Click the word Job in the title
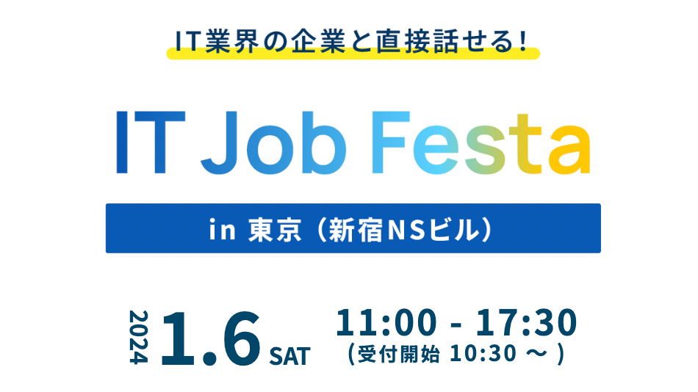tap(273, 143)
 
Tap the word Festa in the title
tap(481, 143)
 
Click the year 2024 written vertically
tap(138, 337)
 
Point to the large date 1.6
tap(211, 338)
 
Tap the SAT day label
tap(289, 356)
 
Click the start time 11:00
tap(386, 323)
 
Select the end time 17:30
tap(527, 323)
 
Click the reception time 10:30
tap(483, 354)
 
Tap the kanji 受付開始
tap(398, 355)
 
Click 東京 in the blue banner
tap(275, 230)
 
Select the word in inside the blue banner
tap(222, 230)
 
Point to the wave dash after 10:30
tap(536, 354)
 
